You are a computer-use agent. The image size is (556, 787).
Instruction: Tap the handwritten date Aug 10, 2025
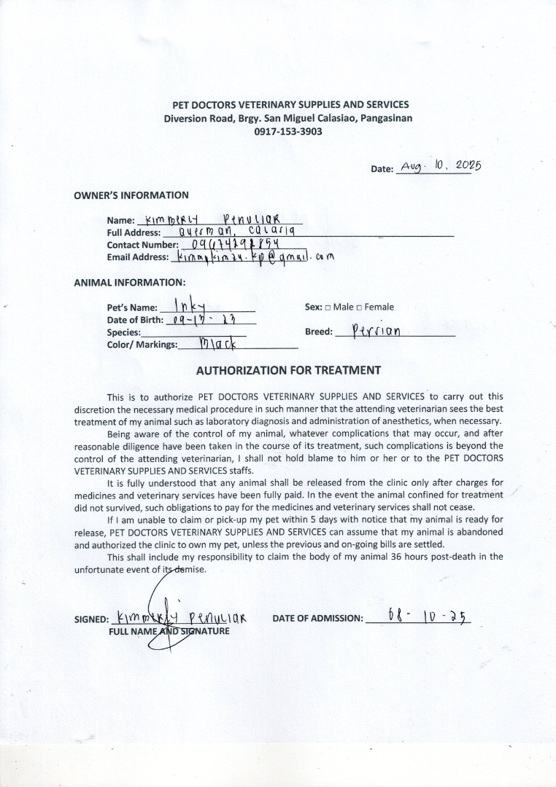(x=441, y=166)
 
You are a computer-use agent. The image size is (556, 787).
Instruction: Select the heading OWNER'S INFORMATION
(x=131, y=195)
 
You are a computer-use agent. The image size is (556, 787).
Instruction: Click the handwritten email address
(x=250, y=257)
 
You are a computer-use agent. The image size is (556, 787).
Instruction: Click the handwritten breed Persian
(x=376, y=331)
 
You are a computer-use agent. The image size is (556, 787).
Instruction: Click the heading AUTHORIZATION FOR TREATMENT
(x=288, y=370)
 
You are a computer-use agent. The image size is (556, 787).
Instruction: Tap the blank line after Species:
(x=193, y=333)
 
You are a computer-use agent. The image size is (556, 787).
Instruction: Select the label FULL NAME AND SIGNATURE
(x=169, y=631)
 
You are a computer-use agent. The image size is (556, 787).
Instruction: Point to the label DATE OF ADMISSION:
(x=317, y=619)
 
